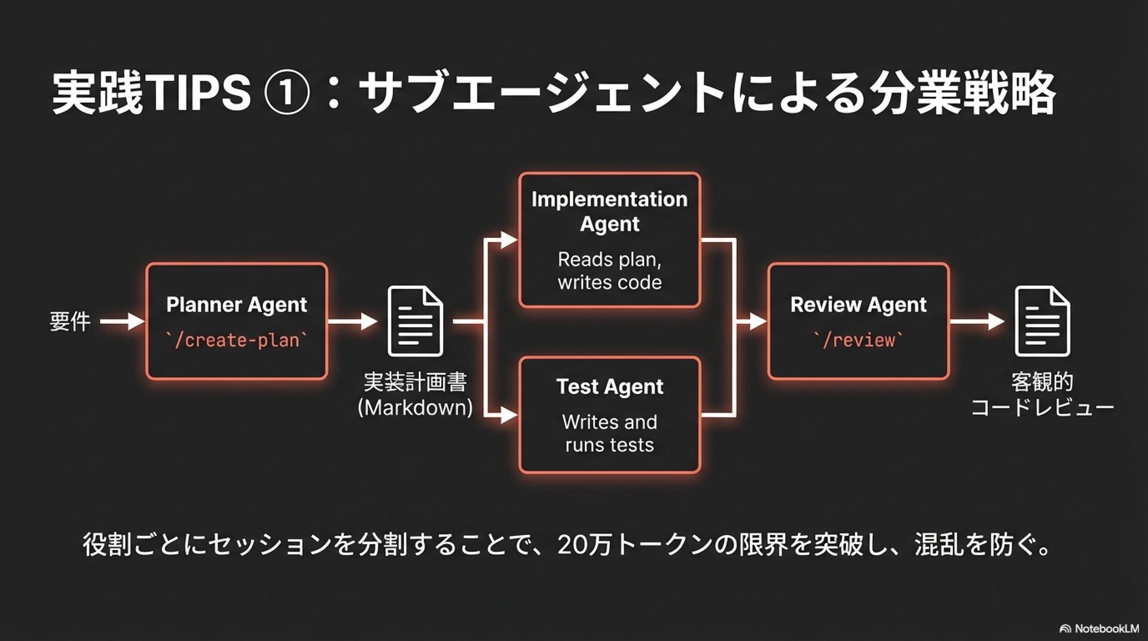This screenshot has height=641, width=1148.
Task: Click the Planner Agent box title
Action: (236, 305)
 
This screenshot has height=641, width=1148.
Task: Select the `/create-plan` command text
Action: (237, 340)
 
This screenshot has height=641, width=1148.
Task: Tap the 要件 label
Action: (70, 322)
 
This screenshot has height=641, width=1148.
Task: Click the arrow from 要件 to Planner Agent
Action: (122, 322)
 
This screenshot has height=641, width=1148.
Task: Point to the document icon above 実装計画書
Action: (416, 321)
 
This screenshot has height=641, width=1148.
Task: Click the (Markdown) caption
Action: (415, 408)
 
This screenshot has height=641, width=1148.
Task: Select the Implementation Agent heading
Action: (609, 211)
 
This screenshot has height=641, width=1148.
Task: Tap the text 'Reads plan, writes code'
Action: (609, 271)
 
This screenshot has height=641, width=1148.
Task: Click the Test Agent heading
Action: (609, 387)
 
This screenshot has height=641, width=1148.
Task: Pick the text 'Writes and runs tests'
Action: (609, 434)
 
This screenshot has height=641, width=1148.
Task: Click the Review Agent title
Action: (858, 305)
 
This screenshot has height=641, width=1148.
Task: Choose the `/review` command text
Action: (858, 340)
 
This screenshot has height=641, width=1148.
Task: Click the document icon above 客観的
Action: (1042, 321)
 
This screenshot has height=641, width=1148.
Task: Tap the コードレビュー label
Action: (1042, 408)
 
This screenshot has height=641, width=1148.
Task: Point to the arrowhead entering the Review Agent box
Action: (758, 322)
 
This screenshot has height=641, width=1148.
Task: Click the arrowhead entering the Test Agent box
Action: (509, 414)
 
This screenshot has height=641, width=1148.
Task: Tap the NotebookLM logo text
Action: (1106, 628)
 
